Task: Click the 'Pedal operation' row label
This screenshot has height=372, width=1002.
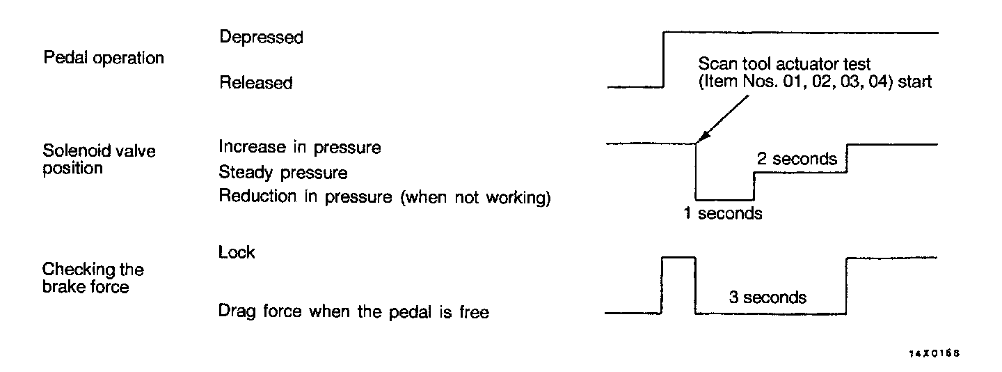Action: click(x=104, y=58)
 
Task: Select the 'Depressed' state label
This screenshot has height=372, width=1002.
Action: click(x=261, y=37)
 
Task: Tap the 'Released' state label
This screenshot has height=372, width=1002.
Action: click(x=255, y=83)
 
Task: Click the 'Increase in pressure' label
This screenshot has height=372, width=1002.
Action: click(x=300, y=148)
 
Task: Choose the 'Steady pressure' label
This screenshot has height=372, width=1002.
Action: click(x=283, y=171)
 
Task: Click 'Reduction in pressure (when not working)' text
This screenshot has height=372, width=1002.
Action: click(x=385, y=196)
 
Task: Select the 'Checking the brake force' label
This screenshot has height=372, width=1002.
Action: click(x=93, y=277)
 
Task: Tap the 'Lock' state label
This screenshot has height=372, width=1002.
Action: click(x=237, y=252)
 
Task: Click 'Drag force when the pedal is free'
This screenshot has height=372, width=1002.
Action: click(x=353, y=312)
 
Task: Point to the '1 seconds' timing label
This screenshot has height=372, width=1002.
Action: click(x=722, y=214)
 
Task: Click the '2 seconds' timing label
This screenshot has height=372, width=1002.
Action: click(x=797, y=159)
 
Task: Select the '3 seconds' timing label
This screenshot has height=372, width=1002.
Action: click(x=768, y=297)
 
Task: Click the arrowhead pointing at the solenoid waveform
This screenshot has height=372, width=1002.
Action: click(x=700, y=141)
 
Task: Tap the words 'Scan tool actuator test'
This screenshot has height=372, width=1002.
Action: click(x=784, y=65)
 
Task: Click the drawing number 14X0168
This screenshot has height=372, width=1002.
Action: click(x=935, y=354)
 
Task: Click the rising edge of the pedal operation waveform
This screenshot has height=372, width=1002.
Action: click(x=665, y=59)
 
